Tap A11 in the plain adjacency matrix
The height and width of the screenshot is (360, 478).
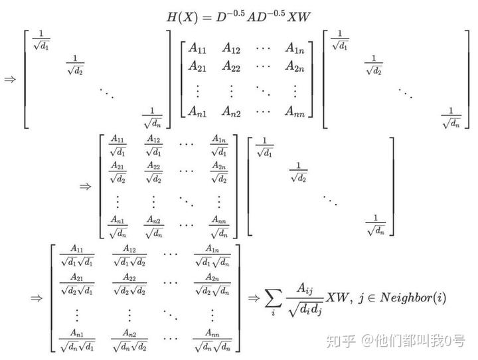197,48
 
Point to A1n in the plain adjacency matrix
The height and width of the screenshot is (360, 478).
295,48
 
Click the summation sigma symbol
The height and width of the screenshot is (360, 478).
273,300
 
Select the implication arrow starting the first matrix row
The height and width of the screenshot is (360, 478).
10,78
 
